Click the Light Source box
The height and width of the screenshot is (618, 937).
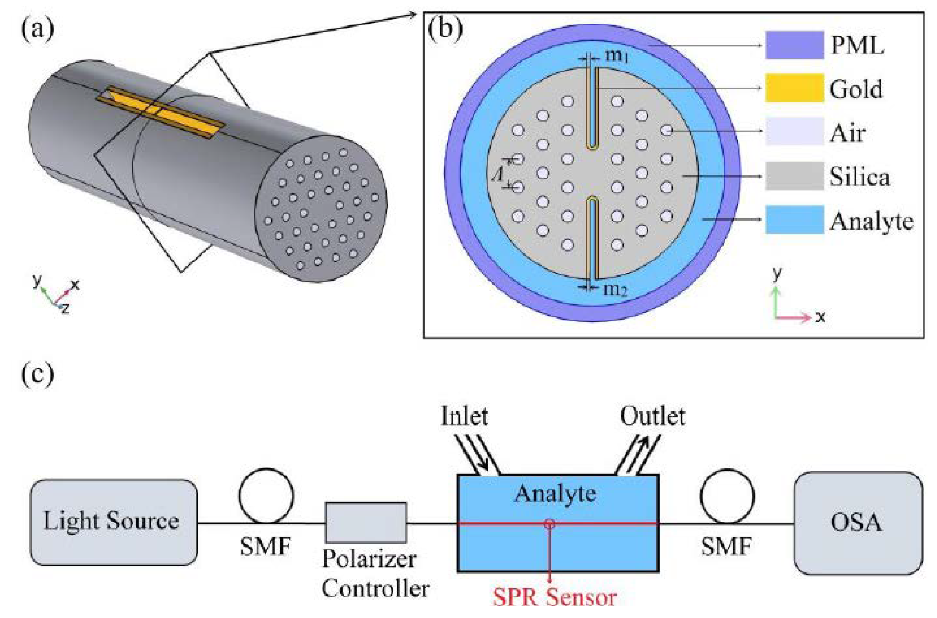pos(114,522)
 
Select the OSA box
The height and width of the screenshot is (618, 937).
pos(857,523)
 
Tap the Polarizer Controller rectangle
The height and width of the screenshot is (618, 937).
pos(366,523)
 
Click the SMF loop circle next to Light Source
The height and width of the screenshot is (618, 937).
pos(266,496)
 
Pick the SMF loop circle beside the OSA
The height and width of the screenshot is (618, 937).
pos(727,496)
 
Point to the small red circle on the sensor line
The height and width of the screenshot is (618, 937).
pos(549,524)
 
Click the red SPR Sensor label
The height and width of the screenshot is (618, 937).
pos(555,597)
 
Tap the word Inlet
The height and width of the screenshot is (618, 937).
pos(464,416)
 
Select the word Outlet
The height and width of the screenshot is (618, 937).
pos(652,416)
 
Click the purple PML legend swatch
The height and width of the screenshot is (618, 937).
pos(794,45)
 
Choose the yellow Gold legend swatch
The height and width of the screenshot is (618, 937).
pos(794,88)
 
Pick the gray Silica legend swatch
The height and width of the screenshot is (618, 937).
pos(794,176)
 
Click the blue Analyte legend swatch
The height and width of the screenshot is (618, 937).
pos(794,220)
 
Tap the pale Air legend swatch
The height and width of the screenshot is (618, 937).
pos(794,131)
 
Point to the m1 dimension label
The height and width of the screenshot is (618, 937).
pos(617,56)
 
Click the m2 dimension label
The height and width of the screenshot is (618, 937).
pos(615,290)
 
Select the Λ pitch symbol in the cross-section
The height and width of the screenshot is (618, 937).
pos(498,174)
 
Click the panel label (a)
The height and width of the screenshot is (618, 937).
pos(37,30)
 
